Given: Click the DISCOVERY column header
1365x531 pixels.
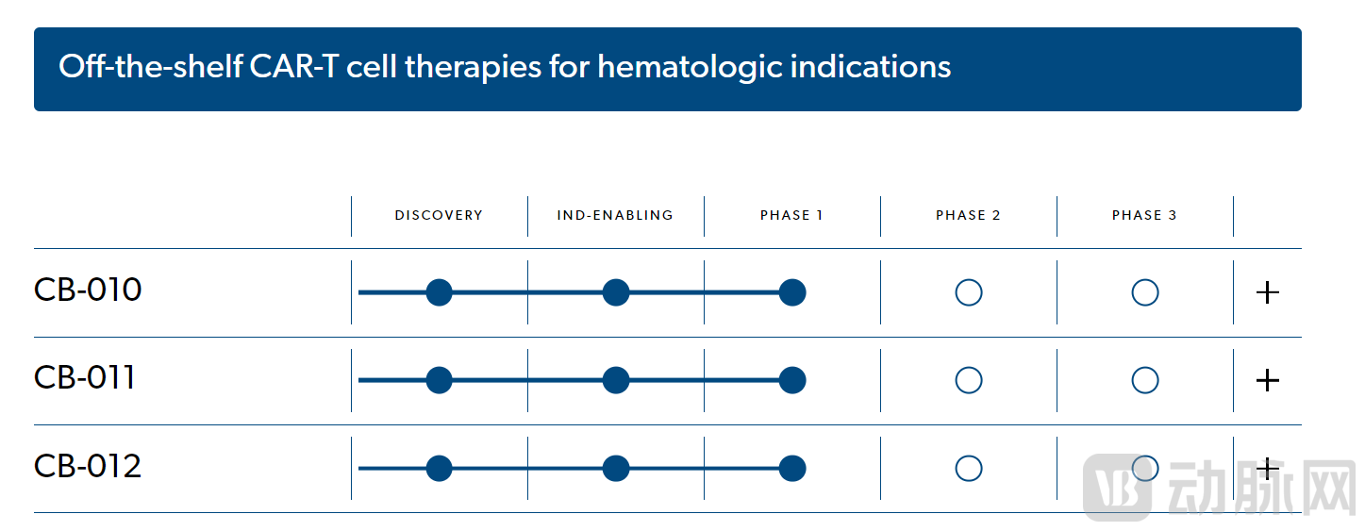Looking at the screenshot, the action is tap(439, 216).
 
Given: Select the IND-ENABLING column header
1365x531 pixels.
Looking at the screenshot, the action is tap(615, 216).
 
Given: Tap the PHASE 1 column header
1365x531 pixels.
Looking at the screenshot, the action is tap(791, 216).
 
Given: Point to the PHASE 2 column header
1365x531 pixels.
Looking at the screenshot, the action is tap(968, 216).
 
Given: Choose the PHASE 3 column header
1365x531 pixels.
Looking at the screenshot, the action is tap(1144, 216).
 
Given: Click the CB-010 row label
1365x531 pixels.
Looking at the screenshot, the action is tap(88, 290).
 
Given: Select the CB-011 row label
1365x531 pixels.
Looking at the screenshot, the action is tap(84, 378).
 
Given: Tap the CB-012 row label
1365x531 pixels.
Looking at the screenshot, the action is tap(88, 467).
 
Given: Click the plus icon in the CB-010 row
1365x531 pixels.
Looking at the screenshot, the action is tap(1268, 293).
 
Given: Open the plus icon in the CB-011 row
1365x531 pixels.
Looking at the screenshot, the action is tap(1268, 381).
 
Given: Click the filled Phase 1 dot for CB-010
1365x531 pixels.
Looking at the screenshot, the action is tap(792, 292).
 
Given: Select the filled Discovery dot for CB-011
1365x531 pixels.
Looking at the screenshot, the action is tap(440, 381).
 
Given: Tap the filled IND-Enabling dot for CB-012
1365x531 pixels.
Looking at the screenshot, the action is tap(616, 468).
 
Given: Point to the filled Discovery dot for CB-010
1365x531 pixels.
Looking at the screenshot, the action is tap(440, 292).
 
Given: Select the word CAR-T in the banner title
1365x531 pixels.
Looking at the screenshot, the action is tap(293, 66).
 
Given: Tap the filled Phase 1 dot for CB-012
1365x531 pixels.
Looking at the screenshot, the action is tap(792, 468).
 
